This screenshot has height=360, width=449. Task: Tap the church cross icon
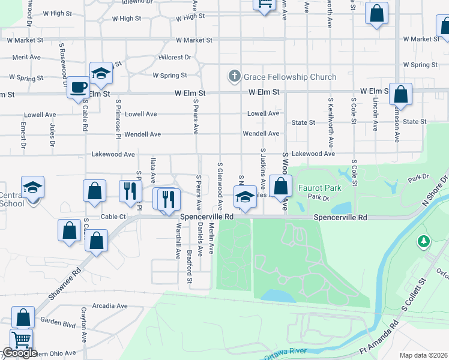pyautogui.click(x=234, y=77)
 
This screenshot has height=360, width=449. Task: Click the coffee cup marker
pyautogui.click(x=78, y=88)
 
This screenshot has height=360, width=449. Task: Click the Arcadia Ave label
pyautogui.click(x=109, y=305)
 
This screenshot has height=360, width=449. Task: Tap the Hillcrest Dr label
pyautogui.click(x=175, y=58)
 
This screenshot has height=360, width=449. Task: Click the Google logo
pyautogui.click(x=20, y=353)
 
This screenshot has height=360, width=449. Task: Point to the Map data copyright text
pyautogui.click(x=423, y=356)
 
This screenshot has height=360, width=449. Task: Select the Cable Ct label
pyautogui.click(x=113, y=217)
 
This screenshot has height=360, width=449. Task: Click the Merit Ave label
pyautogui.click(x=26, y=58)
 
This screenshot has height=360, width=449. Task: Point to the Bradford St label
pyautogui.click(x=189, y=266)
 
